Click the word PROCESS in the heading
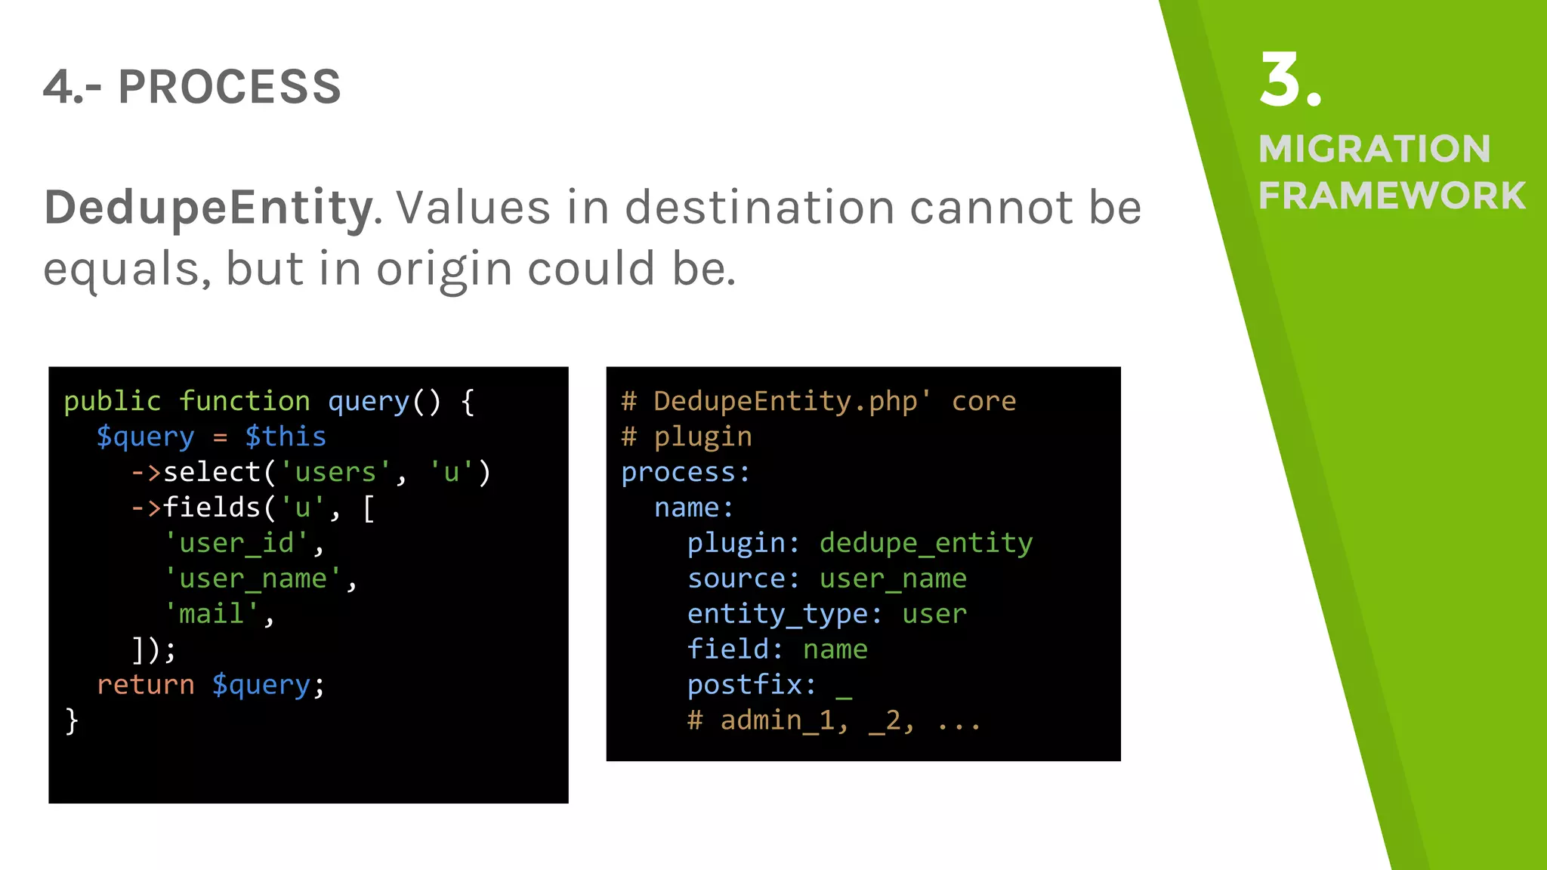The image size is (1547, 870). pyautogui.click(x=230, y=87)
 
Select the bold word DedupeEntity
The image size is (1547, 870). pyautogui.click(x=208, y=208)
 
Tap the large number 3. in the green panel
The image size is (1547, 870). pyautogui.click(x=1290, y=81)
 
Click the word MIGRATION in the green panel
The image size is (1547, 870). pyautogui.click(x=1374, y=149)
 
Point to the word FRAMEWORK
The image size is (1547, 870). pyautogui.click(x=1391, y=196)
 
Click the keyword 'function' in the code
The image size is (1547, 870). pyautogui.click(x=245, y=401)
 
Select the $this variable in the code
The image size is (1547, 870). pyautogui.click(x=286, y=437)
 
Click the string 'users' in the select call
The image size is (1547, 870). pyautogui.click(x=335, y=472)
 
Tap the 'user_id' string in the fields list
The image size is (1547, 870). pyautogui.click(x=236, y=543)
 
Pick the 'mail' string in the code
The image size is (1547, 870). pyautogui.click(x=212, y=613)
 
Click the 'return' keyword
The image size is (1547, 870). pyautogui.click(x=145, y=684)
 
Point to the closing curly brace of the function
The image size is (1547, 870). pyautogui.click(x=72, y=720)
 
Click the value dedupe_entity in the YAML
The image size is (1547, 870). pyautogui.click(x=925, y=543)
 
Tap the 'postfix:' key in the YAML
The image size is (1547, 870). pyautogui.click(x=752, y=684)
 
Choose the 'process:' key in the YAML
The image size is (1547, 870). pyautogui.click(x=685, y=472)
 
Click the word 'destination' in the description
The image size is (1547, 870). pyautogui.click(x=759, y=208)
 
